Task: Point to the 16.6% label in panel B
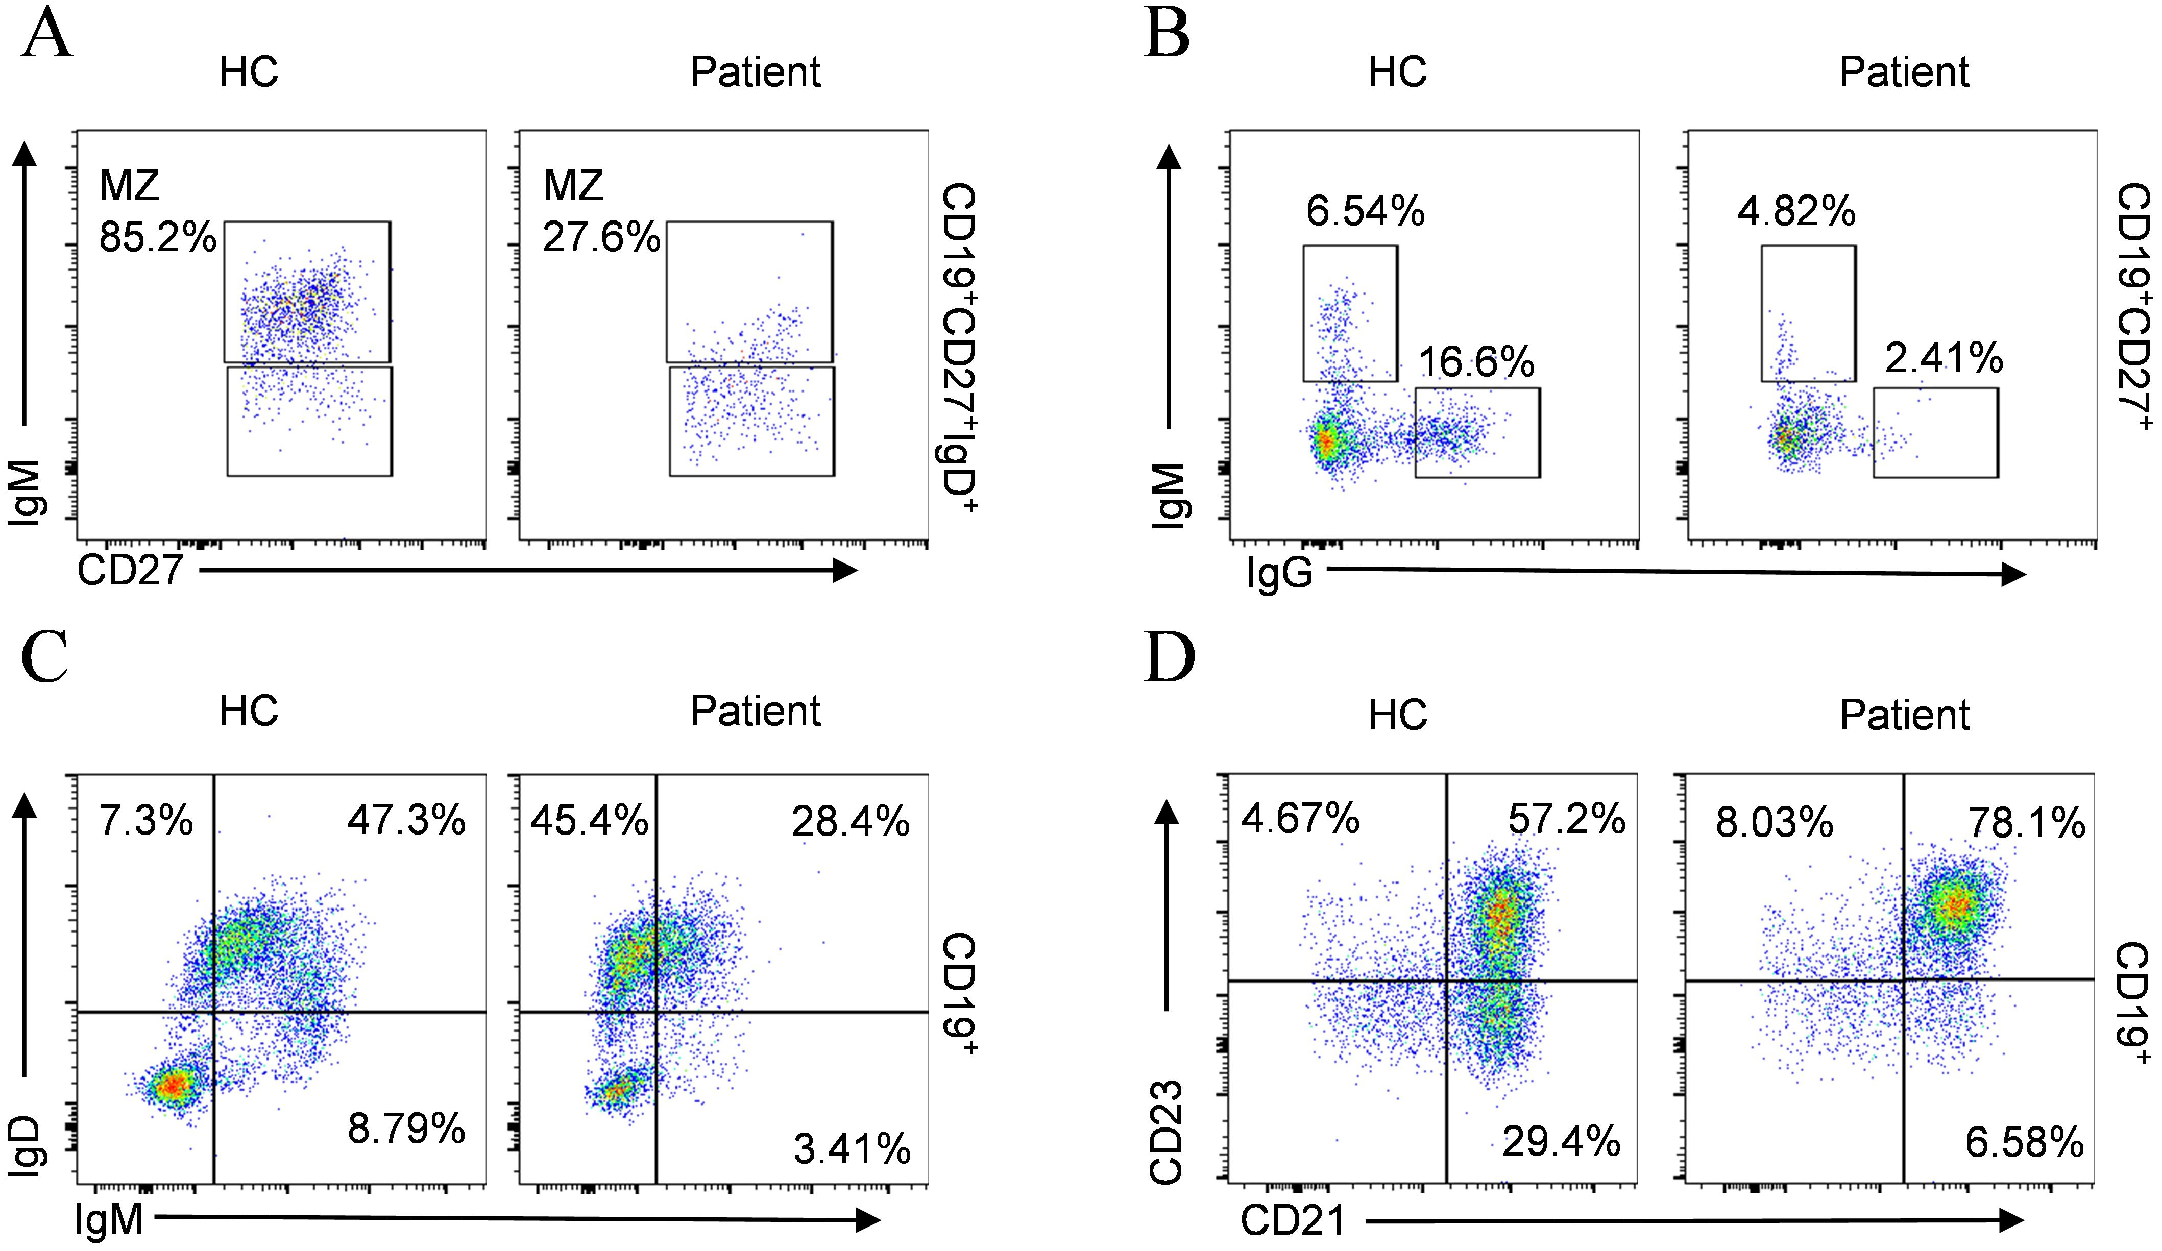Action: [x=1476, y=362]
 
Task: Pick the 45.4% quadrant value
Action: [x=590, y=821]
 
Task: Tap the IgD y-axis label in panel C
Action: [x=28, y=1146]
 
